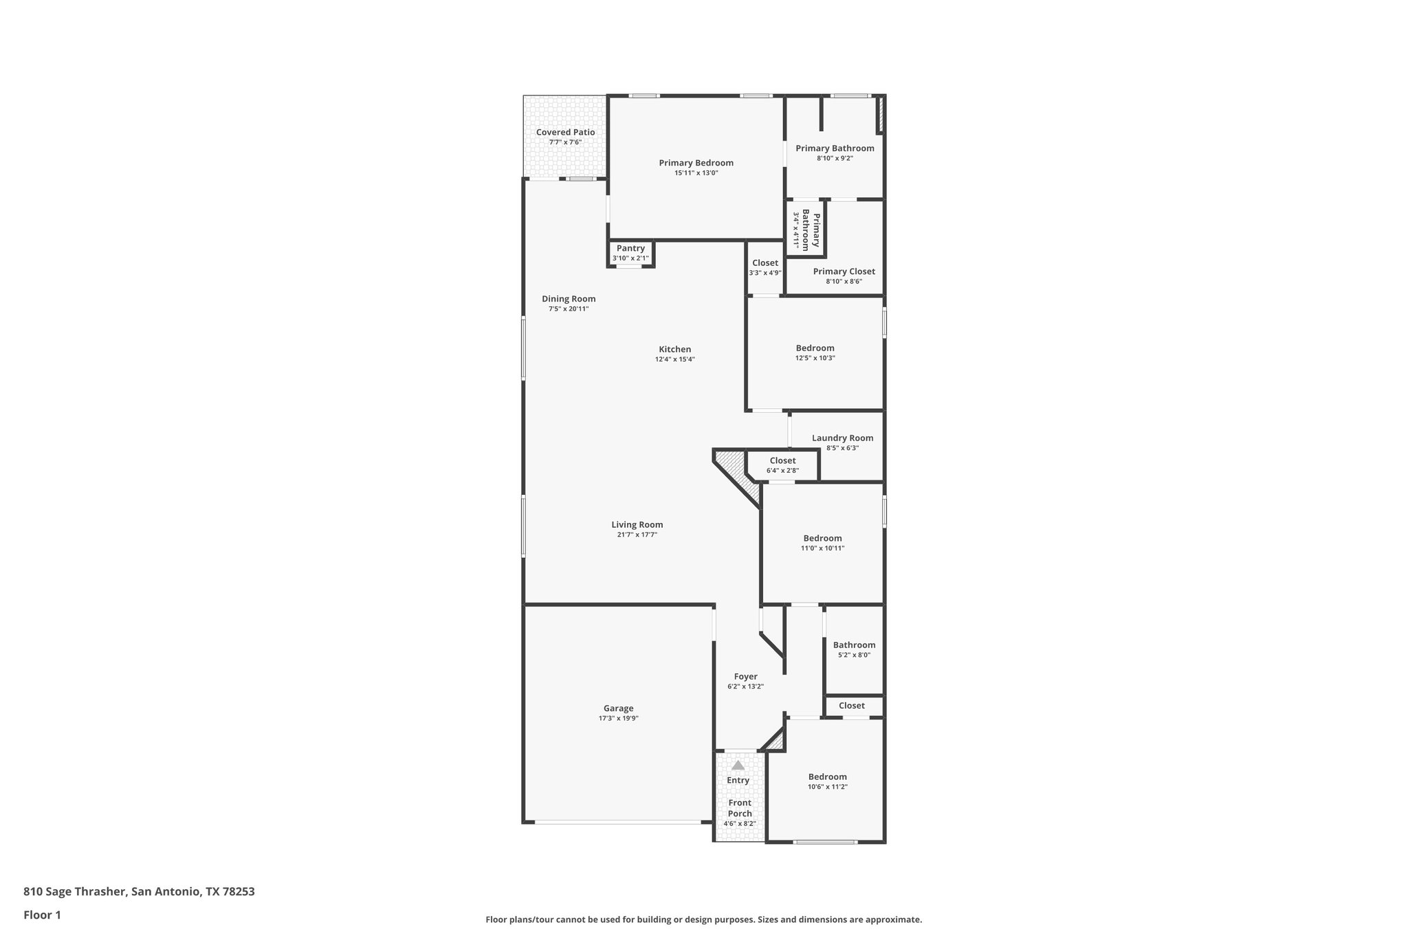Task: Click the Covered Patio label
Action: point(565,133)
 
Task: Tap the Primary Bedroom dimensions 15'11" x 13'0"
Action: point(696,173)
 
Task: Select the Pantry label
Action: point(630,249)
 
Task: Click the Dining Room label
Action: point(569,299)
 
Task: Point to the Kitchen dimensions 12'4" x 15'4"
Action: point(674,359)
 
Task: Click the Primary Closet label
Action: point(844,271)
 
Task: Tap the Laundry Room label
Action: point(842,438)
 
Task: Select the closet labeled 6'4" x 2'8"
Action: point(782,461)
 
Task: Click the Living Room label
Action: point(637,525)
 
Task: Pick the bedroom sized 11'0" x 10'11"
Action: point(822,539)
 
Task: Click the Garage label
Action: point(618,708)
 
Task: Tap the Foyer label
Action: point(745,677)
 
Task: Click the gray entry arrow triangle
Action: point(738,765)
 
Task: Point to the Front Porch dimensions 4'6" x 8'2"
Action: point(739,823)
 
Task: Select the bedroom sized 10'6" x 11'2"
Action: point(827,777)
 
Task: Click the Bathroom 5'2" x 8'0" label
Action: point(854,645)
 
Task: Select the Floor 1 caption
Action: point(42,915)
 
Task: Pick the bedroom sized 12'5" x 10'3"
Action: point(815,348)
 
